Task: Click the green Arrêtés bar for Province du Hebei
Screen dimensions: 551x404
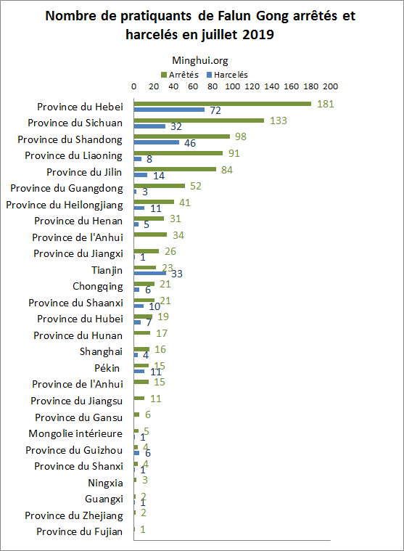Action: (222, 104)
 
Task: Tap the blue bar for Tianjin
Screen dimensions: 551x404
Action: (150, 274)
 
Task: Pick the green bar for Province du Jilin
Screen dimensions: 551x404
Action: (175, 170)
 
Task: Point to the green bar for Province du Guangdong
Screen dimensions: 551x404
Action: (159, 186)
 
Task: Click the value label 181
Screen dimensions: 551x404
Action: (325, 104)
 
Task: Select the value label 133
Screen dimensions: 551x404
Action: (278, 121)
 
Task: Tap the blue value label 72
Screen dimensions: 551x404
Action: (215, 111)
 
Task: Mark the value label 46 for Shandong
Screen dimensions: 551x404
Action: (190, 143)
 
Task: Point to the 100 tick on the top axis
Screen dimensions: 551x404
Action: (232, 86)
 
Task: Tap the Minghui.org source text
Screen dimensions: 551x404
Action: (199, 62)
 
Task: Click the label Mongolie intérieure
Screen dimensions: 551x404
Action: (75, 433)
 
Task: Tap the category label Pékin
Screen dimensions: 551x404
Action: (110, 368)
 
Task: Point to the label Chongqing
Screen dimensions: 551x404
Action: (98, 286)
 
